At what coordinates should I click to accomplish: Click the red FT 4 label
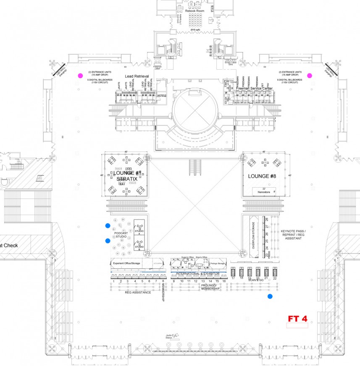297,319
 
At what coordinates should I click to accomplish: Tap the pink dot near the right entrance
310,76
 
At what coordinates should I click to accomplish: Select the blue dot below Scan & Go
270,296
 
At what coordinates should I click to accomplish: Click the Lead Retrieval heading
137,76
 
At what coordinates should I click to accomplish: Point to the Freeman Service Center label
254,89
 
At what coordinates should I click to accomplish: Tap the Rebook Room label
194,10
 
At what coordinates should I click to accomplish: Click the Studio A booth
139,229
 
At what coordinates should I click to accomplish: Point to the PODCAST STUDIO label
121,235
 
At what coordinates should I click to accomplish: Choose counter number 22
274,278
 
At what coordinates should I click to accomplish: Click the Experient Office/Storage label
126,263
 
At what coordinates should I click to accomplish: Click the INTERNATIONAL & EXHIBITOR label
197,274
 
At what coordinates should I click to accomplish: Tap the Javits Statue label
169,335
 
